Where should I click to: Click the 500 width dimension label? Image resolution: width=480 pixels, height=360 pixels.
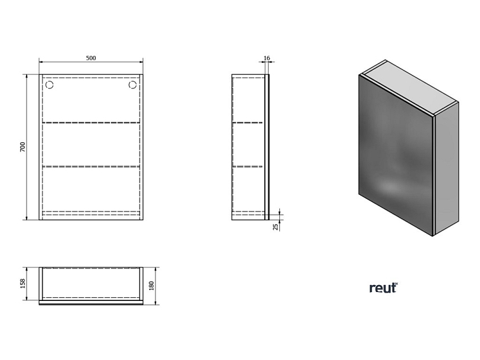click(x=91, y=58)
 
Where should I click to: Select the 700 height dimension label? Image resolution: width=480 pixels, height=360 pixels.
click(x=23, y=147)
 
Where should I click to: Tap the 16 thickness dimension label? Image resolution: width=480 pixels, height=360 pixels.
click(x=267, y=58)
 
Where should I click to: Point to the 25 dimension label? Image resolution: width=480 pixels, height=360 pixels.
click(x=275, y=227)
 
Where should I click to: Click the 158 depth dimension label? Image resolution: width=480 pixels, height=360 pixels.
click(x=23, y=283)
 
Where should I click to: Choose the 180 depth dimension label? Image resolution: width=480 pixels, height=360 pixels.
click(x=152, y=286)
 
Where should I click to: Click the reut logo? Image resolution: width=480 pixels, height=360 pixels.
click(x=383, y=288)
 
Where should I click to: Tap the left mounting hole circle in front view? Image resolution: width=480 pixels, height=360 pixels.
click(x=50, y=84)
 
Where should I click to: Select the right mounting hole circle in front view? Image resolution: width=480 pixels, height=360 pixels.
click(x=133, y=84)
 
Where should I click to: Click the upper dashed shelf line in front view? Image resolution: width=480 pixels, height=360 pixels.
click(x=91, y=123)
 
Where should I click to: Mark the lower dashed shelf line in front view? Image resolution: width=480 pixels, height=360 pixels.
click(x=91, y=166)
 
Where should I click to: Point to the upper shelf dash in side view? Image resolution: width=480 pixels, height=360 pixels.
click(x=248, y=123)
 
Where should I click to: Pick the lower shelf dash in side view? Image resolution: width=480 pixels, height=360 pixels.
click(x=248, y=166)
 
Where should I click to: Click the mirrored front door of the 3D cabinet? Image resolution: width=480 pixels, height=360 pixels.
click(x=396, y=155)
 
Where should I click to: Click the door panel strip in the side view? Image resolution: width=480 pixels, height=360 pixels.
click(x=267, y=147)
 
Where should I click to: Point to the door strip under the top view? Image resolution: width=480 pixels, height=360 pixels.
click(x=91, y=303)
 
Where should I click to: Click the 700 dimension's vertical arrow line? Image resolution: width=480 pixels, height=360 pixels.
click(x=27, y=147)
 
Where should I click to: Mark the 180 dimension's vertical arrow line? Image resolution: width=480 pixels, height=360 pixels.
click(x=156, y=286)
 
